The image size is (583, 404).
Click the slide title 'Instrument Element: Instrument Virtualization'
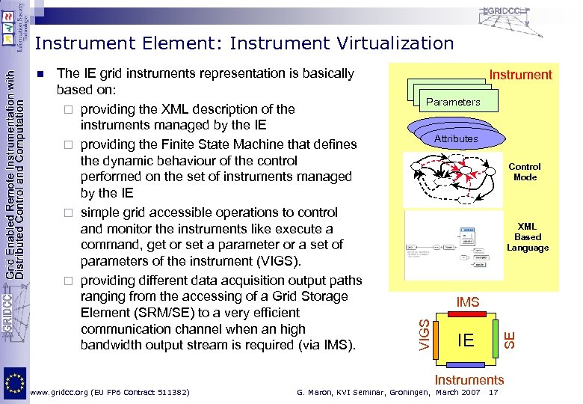tap(244, 43)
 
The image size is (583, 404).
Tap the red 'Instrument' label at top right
tap(520, 74)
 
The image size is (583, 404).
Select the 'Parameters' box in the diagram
tap(453, 102)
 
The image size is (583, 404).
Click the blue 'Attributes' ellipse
tap(456, 138)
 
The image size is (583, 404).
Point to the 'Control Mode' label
tap(525, 172)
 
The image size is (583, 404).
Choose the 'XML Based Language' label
tap(528, 236)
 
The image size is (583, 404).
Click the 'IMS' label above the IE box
tap(468, 302)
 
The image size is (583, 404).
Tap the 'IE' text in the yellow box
tap(465, 340)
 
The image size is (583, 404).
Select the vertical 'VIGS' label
tap(424, 334)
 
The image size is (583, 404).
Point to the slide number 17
tap(493, 392)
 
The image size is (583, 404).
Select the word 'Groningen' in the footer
tap(409, 392)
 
